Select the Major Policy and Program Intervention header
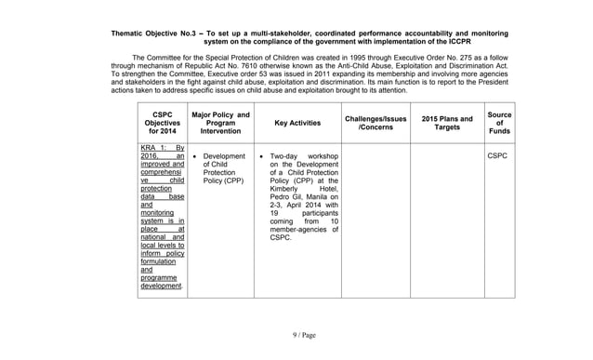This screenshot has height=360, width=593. [220, 123]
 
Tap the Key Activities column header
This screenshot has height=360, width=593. [297, 123]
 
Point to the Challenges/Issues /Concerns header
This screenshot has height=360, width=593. [376, 123]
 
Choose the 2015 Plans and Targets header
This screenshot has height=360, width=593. [446, 123]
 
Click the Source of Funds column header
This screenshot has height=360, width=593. [499, 123]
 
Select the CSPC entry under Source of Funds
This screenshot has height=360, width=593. [497, 156]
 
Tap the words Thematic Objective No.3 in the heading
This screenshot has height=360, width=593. [150, 33]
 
